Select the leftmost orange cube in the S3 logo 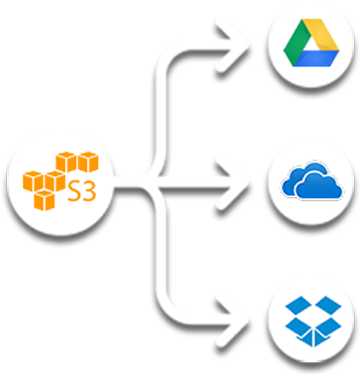click(33, 181)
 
